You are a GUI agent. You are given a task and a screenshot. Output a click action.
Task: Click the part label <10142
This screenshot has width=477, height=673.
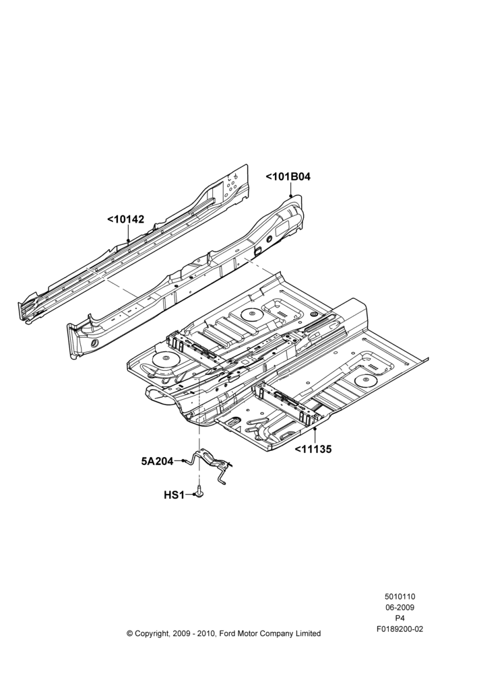(125, 219)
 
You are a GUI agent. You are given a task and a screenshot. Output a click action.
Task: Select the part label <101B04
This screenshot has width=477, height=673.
(288, 176)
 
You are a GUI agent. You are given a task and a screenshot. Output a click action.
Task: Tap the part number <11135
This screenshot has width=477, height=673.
(313, 450)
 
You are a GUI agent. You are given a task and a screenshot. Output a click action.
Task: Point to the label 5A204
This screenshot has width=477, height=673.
(157, 462)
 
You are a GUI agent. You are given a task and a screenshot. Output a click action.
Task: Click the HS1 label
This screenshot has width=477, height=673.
(174, 495)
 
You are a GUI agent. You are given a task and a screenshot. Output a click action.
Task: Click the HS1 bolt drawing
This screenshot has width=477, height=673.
(199, 491)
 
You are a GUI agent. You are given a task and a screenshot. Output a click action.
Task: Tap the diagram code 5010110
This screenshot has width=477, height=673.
(400, 596)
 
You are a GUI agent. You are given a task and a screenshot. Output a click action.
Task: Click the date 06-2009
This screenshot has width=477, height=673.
(400, 607)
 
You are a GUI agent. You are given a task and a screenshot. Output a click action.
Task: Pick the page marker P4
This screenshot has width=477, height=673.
(400, 618)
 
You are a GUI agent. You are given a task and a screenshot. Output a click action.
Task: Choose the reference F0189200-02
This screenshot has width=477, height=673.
(400, 629)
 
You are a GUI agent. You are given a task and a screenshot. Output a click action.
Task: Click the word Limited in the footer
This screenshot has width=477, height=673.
(308, 633)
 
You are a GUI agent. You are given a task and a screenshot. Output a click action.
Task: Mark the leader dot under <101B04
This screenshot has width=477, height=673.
(291, 195)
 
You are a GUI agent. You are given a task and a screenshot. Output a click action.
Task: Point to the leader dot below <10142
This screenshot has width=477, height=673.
(128, 241)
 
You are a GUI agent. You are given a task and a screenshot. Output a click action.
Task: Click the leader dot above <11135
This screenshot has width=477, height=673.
(316, 429)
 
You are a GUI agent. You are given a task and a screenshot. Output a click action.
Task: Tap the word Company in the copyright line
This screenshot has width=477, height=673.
(278, 633)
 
